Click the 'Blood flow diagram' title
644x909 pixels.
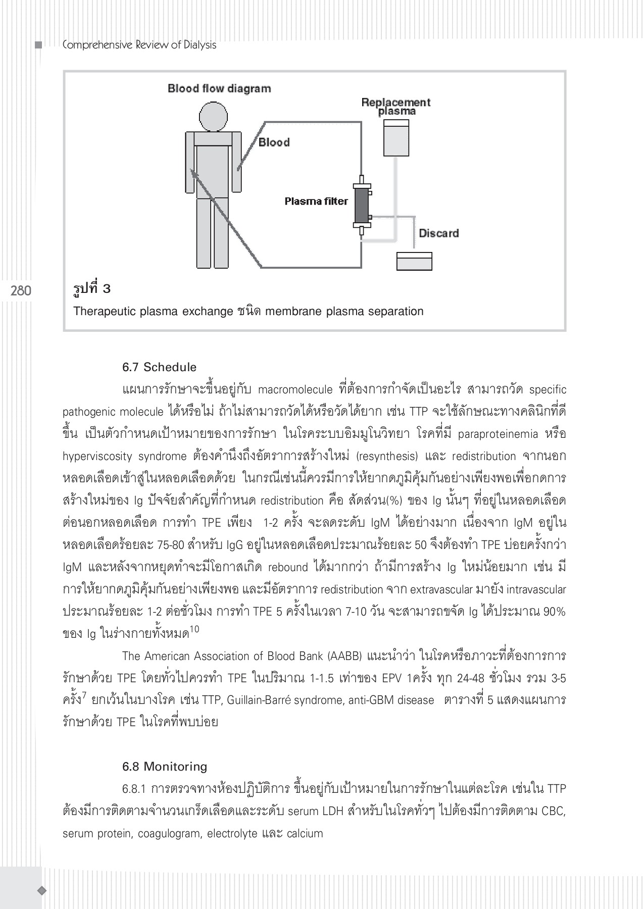tap(219, 89)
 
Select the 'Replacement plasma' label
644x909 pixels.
tap(396, 107)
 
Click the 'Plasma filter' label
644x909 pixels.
tap(316, 201)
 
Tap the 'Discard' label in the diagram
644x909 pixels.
tap(439, 233)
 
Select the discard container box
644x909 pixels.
tap(414, 261)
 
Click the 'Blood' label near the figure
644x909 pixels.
tap(274, 142)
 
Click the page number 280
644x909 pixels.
tap(21, 290)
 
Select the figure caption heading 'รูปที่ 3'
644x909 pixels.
tap(92, 289)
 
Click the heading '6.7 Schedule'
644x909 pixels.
tap(159, 367)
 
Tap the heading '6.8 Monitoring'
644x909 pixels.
tap(165, 767)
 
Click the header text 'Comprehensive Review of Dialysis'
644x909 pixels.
tap(139, 45)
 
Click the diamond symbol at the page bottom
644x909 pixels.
tap(42, 890)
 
